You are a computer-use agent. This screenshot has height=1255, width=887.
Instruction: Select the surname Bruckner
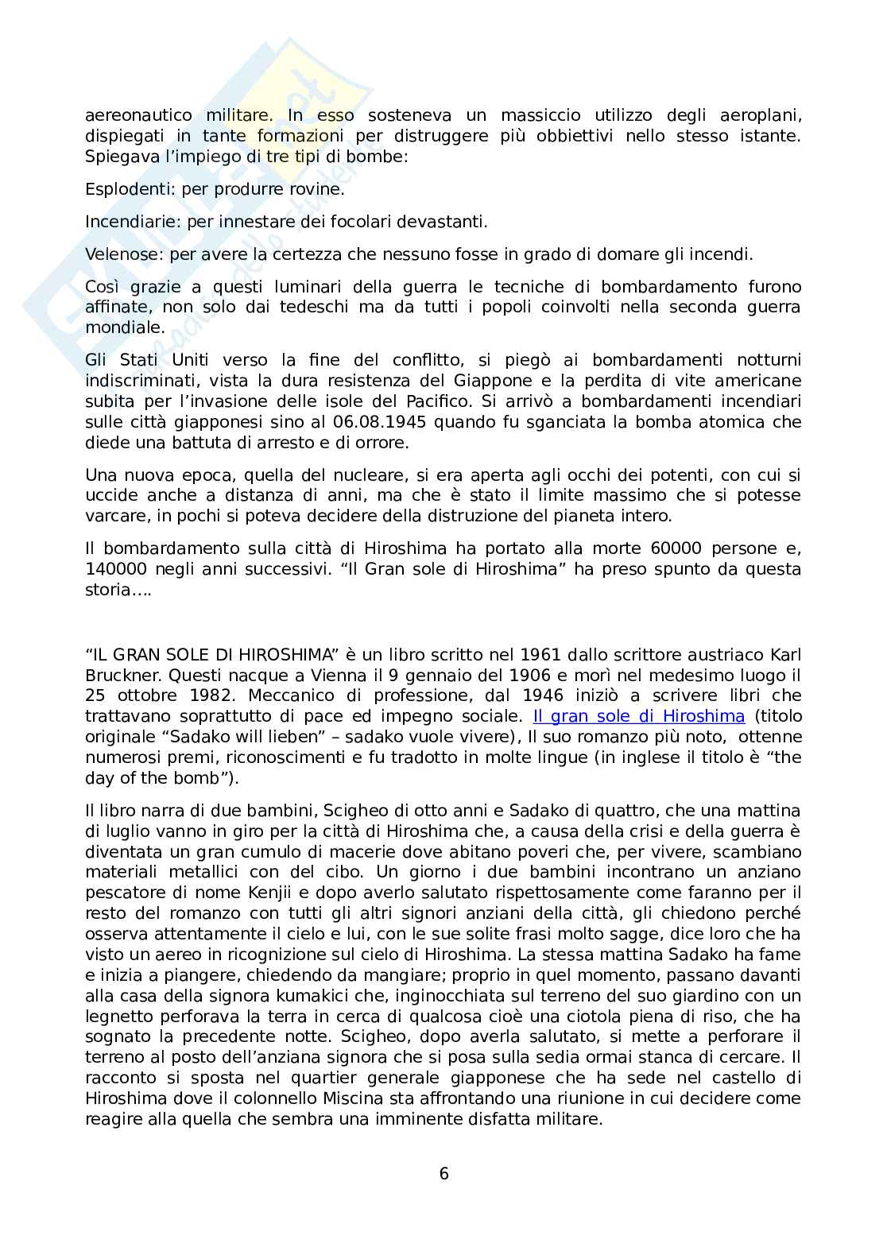point(120,675)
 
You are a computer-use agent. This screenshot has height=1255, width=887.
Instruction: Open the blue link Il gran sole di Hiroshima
point(638,716)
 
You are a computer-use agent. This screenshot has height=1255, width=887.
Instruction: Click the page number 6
point(443,1174)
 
